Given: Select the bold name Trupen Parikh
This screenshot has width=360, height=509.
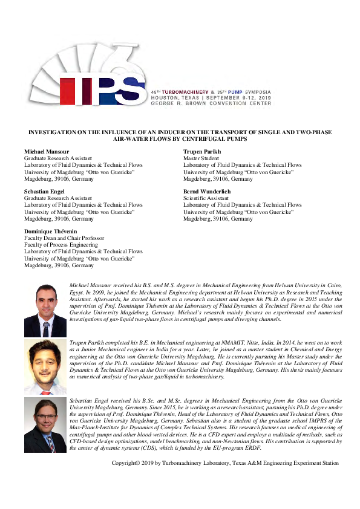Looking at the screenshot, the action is coord(202,151).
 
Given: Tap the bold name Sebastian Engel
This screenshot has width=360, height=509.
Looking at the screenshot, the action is coord(44,191).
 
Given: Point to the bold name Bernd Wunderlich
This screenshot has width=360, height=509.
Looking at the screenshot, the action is coord(207,191).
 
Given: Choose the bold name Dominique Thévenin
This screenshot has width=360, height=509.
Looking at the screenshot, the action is coord(51,232).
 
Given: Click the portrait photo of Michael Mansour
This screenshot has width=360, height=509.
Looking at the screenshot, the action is coord(45,310).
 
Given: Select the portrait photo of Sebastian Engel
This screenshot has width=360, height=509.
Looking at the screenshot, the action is coord(45,424).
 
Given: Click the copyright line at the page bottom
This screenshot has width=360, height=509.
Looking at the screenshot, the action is coord(225,463).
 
